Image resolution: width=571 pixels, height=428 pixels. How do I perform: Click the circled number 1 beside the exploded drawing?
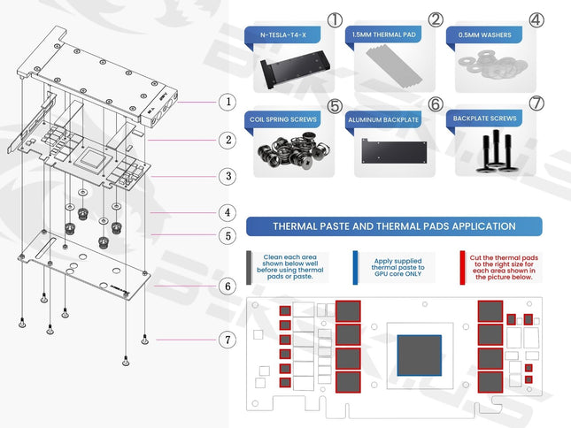tap(228, 102)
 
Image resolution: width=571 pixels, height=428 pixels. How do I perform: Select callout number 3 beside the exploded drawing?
tap(228, 176)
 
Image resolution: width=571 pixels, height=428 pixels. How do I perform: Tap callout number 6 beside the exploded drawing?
tap(228, 286)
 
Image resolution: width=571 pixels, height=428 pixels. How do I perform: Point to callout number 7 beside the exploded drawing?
tap(228, 339)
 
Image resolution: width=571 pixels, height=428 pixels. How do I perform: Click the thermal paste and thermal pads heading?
tap(395, 226)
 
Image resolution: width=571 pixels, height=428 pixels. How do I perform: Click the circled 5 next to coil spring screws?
tap(334, 105)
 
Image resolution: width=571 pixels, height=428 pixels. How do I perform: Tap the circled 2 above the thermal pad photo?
tap(436, 19)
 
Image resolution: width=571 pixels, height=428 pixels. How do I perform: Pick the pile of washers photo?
tap(492, 69)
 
